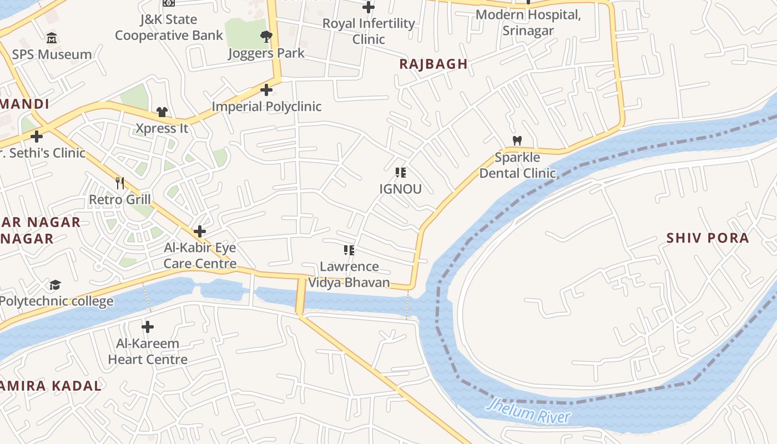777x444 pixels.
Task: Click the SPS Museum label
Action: (x=52, y=54)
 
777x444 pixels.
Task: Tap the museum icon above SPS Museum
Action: (x=52, y=38)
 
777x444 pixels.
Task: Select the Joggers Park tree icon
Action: (x=266, y=37)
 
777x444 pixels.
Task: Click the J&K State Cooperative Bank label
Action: (x=169, y=27)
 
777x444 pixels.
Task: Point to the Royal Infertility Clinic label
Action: (x=369, y=31)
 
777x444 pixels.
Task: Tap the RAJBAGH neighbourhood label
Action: (x=433, y=64)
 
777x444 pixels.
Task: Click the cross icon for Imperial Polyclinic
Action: (x=266, y=90)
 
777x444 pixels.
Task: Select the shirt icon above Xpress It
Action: (x=162, y=112)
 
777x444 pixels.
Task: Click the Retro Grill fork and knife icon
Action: (x=120, y=183)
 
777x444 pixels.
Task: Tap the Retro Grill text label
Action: (x=120, y=200)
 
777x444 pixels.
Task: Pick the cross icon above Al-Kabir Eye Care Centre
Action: (x=200, y=231)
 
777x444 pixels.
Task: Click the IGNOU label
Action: (x=400, y=189)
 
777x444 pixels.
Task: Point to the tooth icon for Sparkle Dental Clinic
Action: (x=517, y=141)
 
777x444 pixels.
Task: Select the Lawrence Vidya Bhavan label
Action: (x=349, y=274)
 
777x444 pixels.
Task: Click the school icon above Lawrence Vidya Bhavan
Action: (x=349, y=250)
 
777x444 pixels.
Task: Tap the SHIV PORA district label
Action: (x=708, y=238)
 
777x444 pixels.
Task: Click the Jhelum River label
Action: (x=528, y=411)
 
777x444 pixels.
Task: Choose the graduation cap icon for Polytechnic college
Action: (x=55, y=285)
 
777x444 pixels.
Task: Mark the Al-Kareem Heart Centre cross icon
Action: (x=148, y=327)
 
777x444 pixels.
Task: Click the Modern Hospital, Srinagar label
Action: (x=528, y=22)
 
